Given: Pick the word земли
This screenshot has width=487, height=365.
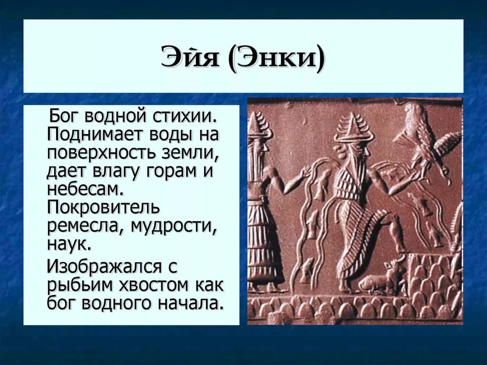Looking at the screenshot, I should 188,154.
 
